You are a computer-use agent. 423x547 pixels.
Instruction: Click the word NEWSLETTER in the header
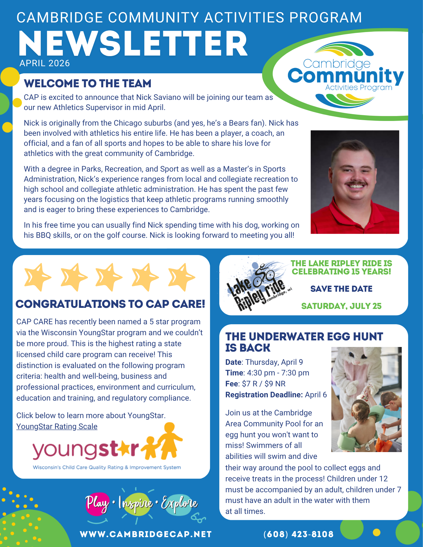point(133,44)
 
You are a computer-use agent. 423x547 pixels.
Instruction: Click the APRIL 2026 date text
point(45,63)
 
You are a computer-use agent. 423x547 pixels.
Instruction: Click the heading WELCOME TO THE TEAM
point(88,83)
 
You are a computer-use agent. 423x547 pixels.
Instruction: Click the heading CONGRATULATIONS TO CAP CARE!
point(110,304)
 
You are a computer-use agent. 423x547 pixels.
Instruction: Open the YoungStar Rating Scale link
point(57,426)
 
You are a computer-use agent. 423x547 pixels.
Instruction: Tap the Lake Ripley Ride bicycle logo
point(257,285)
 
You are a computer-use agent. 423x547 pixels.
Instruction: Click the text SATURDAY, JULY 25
point(341,306)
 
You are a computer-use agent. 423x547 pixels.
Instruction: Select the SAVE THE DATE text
point(341,289)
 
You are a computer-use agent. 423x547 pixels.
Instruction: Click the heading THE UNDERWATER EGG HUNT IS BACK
point(304,342)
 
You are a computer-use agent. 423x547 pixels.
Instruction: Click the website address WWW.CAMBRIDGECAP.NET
point(146,534)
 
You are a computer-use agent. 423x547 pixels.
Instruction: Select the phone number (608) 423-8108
point(298,534)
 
